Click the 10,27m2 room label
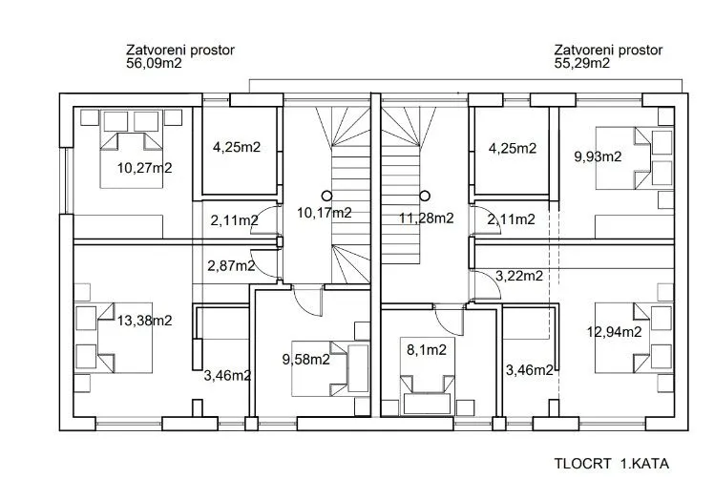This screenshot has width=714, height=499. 145,168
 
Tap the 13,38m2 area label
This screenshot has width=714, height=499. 145,321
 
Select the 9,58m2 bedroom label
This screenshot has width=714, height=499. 306,360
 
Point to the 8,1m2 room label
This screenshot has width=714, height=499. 427,349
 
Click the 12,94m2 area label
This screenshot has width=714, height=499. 615,331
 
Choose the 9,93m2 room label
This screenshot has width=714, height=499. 598,156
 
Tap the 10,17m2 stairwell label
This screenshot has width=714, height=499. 325,213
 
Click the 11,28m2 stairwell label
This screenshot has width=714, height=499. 427,218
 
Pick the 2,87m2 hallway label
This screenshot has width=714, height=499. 231,265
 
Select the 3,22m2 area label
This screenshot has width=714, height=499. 519,276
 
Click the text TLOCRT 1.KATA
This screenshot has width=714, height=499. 612,464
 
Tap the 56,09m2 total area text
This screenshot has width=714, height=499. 154,63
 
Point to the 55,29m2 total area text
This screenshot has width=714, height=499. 582,63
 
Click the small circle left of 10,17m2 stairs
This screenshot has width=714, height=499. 326,197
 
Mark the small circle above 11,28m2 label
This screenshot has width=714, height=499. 425,197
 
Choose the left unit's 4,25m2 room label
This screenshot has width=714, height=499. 237,147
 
